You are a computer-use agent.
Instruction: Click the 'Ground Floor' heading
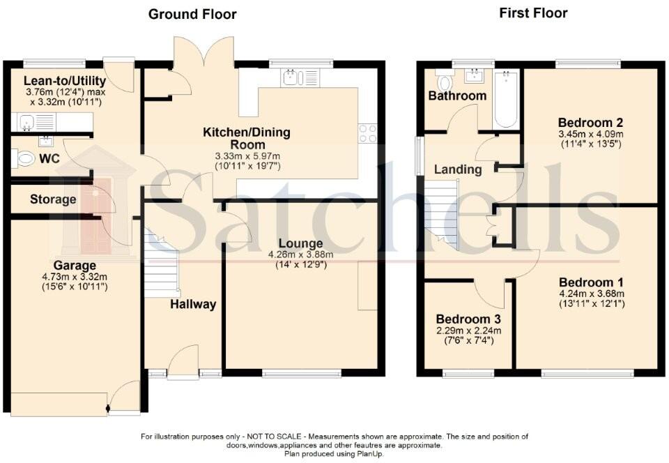(x=192, y=14)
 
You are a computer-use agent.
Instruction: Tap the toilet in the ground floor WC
(x=24, y=159)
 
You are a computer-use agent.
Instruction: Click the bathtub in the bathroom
(x=506, y=100)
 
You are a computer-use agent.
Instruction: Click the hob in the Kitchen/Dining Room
(x=368, y=133)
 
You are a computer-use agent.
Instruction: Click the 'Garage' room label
(x=75, y=265)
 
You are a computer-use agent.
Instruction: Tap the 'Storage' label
(x=53, y=199)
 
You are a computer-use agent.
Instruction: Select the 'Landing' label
(x=457, y=169)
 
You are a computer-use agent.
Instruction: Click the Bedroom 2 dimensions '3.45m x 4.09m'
(x=591, y=134)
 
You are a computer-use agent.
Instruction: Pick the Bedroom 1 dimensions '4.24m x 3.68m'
(x=591, y=294)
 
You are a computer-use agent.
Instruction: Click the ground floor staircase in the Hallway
(x=162, y=268)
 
